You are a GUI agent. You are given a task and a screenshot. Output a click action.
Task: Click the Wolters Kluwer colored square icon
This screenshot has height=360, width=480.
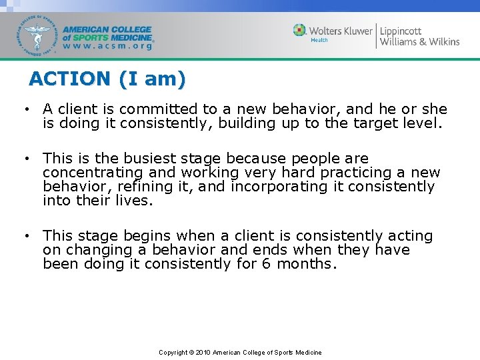coord(300,30)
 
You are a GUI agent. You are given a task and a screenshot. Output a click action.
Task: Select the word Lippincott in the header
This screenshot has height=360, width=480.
coord(401,30)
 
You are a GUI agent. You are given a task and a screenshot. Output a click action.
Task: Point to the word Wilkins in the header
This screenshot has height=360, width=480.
coord(439,41)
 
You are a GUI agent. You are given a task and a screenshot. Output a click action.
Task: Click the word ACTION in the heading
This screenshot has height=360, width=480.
coord(70,79)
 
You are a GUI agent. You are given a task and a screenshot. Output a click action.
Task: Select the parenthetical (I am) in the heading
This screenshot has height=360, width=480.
coord(152,79)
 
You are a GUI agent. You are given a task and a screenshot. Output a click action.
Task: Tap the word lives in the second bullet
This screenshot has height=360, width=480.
coord(136,201)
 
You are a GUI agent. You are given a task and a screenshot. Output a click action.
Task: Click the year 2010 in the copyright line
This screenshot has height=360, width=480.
coord(205,352)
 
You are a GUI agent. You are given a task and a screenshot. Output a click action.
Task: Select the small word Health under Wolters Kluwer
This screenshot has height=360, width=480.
coord(319,40)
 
